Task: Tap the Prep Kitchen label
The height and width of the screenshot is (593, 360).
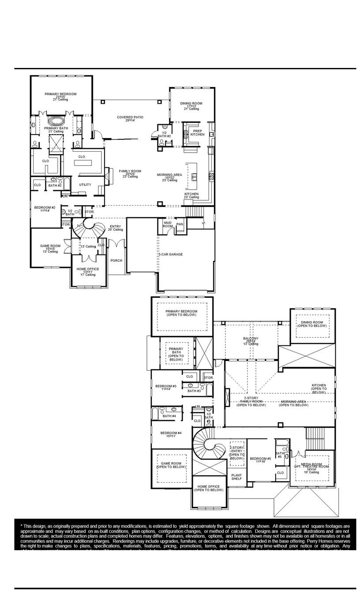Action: click(x=197, y=132)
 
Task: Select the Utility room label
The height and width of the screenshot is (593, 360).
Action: click(x=85, y=184)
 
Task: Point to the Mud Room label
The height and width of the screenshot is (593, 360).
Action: click(x=168, y=225)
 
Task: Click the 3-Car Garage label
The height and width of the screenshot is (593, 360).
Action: click(x=170, y=255)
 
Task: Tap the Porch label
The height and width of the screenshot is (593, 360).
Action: click(x=116, y=260)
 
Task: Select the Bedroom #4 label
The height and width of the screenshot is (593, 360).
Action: click(x=171, y=434)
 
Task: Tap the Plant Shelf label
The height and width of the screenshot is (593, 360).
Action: click(x=236, y=477)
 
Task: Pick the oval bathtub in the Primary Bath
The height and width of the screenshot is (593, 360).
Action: click(x=56, y=120)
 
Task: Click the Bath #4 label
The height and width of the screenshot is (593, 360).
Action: click(x=169, y=416)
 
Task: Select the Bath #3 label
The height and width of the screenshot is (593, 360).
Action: click(x=194, y=391)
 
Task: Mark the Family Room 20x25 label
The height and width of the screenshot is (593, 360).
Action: click(x=131, y=173)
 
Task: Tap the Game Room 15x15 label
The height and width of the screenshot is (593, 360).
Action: click(x=50, y=248)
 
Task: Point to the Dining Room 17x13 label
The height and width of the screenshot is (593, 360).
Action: click(x=191, y=105)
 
